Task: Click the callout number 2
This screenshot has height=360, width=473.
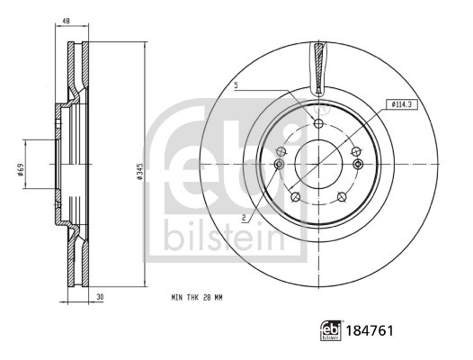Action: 244,217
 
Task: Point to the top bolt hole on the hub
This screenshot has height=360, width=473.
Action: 318,123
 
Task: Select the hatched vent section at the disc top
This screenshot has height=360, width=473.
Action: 318,68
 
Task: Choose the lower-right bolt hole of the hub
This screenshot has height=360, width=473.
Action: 342,197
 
